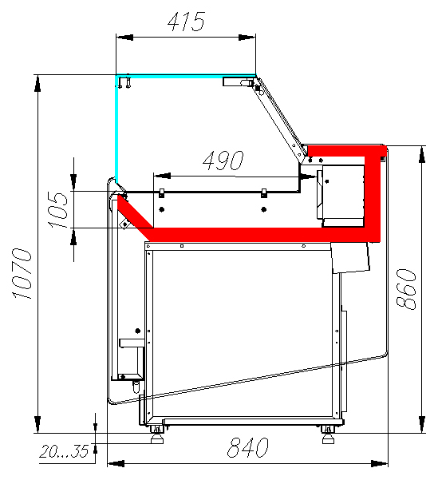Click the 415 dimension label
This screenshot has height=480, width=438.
[186, 22]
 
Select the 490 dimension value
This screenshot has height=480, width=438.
[223, 160]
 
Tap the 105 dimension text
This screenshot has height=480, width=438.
[57, 210]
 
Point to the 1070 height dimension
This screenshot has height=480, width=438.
[22, 273]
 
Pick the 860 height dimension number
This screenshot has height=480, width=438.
[406, 289]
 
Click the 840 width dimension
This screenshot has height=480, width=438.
[248, 447]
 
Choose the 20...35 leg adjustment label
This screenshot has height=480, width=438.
[64, 451]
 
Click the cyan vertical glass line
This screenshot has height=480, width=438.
[116, 129]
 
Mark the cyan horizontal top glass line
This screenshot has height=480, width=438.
[186, 76]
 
